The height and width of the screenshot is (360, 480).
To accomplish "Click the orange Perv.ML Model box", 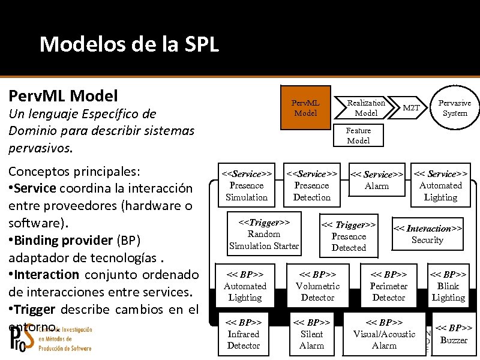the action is point(306,107).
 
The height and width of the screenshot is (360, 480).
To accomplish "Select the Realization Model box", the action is point(366,107).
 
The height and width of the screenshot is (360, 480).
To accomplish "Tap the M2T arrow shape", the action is point(412,108).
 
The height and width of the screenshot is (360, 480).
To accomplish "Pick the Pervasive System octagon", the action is point(454,108).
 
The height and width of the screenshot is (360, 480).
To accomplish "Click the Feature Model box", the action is point(358,136).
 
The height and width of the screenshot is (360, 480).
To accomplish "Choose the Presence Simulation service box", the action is point(247,185).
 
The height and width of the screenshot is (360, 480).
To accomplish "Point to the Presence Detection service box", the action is point(312,185).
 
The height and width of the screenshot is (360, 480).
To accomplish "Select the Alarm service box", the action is point(377,181).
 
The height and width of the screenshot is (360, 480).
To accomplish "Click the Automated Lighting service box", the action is point(440,186).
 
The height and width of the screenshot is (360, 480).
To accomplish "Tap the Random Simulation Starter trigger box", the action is point(264,234).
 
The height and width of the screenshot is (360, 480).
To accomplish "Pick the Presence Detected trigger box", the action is point(349,236).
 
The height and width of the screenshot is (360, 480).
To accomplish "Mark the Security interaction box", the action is point(427,234).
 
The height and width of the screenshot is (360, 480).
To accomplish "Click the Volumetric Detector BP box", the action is point(317,286).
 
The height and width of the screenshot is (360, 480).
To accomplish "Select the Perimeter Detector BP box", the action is point(389,286).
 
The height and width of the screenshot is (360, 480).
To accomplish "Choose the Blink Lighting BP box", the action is point(448,286).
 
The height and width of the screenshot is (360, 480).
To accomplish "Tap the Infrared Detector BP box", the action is point(244,334).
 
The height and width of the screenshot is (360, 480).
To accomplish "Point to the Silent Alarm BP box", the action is point(311,334).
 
